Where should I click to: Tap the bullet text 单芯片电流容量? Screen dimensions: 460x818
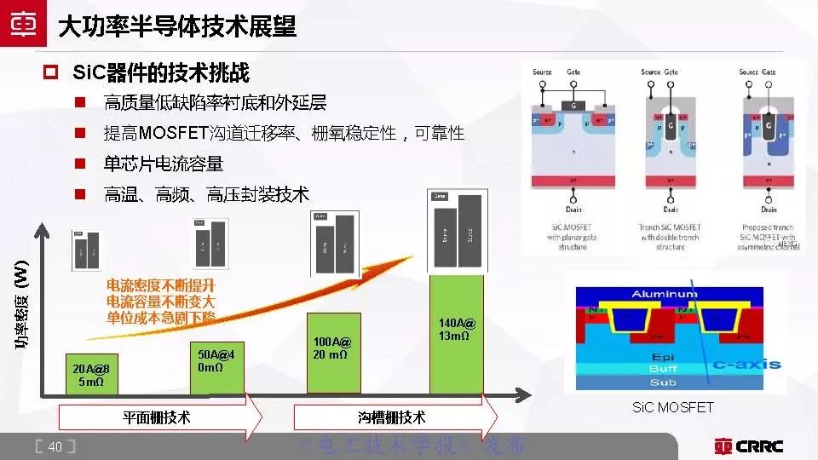tap(164, 163)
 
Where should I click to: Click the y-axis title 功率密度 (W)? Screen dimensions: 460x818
tap(21, 306)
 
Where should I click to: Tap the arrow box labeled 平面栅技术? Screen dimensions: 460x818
tap(158, 417)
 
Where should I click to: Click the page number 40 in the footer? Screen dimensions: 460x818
tap(55, 447)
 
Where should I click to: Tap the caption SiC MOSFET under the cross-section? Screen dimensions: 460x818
tap(672, 408)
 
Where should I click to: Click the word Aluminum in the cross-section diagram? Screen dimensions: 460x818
tap(664, 294)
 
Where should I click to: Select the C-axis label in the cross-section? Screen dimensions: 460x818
tap(746, 365)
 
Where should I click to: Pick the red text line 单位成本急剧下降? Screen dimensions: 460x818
tap(161, 317)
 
